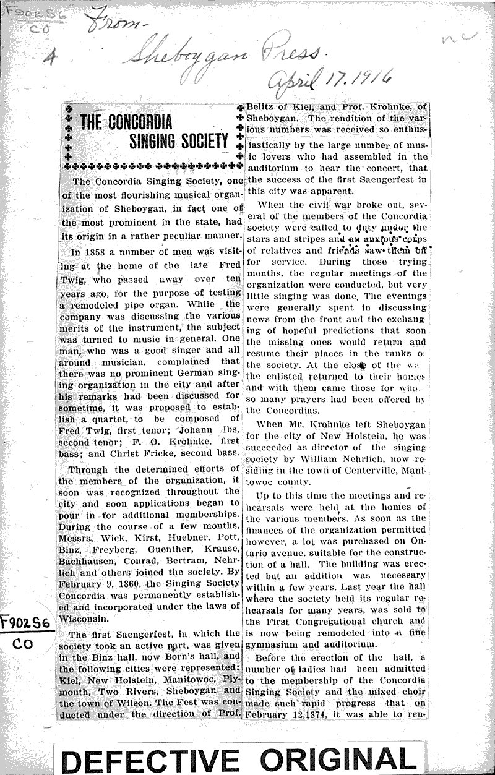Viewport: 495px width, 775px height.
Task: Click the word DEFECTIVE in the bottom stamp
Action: (x=153, y=758)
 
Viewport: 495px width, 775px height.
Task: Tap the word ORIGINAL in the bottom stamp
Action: (x=338, y=758)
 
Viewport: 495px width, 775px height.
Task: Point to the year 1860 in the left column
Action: (x=121, y=582)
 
